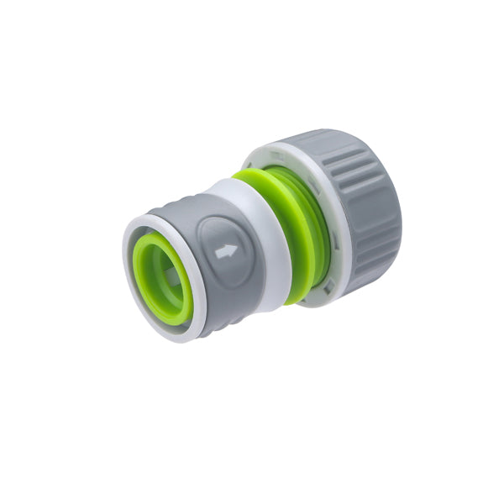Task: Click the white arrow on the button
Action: pyautogui.click(x=225, y=251)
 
